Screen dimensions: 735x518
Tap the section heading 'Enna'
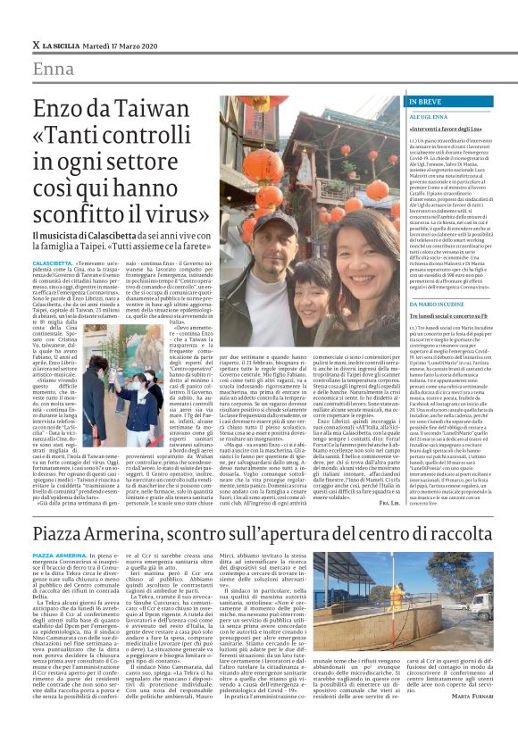point(54,71)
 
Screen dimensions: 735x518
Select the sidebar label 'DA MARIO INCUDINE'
point(441,304)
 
